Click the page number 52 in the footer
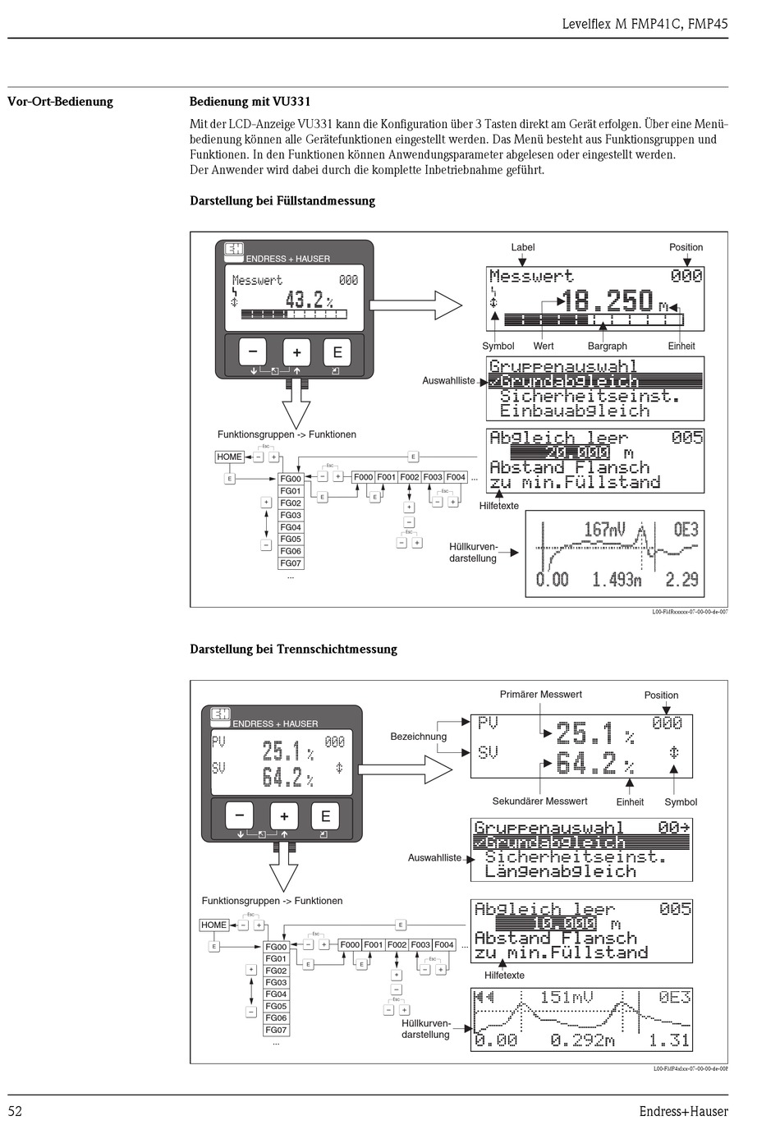15,1110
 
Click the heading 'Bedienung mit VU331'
250,102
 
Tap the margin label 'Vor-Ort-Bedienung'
60,102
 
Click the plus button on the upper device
296,353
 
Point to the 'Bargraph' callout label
607,347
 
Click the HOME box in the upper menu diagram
229,457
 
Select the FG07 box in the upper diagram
291,563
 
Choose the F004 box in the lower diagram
444,945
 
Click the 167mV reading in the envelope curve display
603,530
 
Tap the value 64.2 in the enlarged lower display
585,764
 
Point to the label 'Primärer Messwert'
540,695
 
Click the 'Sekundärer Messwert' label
539,801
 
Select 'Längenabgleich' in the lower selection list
561,871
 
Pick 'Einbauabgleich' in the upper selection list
574,411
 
